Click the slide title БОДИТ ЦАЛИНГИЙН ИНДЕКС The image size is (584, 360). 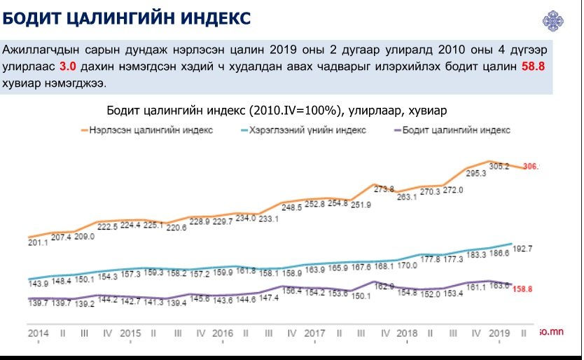tap(127, 18)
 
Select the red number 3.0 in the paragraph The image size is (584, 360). tap(67, 67)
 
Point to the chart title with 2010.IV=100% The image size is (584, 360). tap(277, 111)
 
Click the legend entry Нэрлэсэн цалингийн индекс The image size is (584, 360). tap(151, 130)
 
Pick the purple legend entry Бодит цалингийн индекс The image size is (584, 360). tap(459, 130)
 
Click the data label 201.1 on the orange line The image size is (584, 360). tap(38, 242)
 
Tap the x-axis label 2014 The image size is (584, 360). tap(38, 333)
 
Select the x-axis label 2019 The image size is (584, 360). tap(499, 333)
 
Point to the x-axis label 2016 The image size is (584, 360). tap(222, 333)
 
